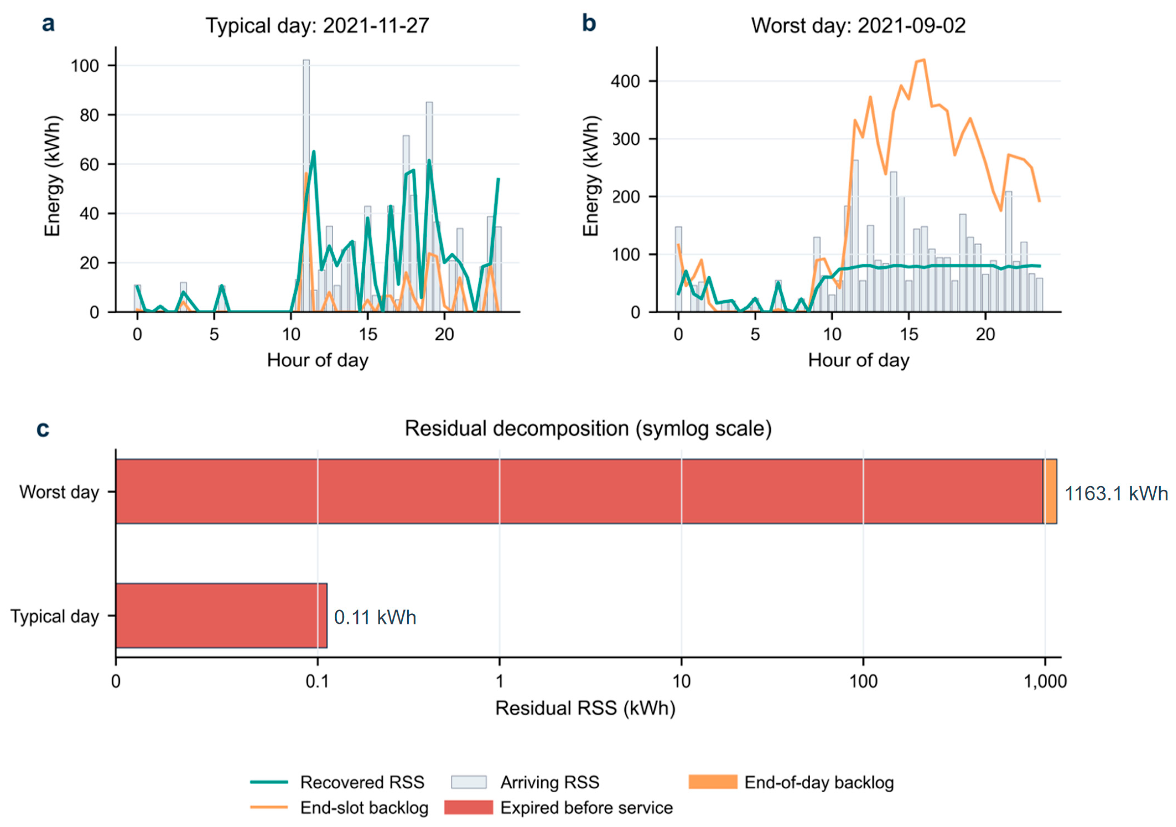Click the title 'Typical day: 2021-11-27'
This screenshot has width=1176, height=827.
[x=317, y=26]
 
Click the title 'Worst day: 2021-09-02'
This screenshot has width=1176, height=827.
[x=859, y=26]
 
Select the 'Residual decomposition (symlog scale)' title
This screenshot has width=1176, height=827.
[x=588, y=428]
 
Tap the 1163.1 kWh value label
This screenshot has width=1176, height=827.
[x=1116, y=494]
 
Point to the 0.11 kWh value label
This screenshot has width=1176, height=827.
[x=375, y=617]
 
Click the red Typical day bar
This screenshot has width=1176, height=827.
[x=221, y=616]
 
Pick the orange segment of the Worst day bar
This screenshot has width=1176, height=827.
[x=1050, y=491]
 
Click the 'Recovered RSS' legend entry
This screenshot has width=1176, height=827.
[x=337, y=782]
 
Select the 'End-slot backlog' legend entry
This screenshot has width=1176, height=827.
[x=339, y=808]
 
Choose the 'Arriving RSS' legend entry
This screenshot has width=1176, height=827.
[x=525, y=782]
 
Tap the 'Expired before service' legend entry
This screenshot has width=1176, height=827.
[x=558, y=808]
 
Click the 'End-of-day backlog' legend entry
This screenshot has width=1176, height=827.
[x=791, y=782]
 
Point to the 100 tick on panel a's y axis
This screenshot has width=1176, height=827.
[x=85, y=66]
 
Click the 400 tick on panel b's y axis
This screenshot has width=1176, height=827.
[x=625, y=81]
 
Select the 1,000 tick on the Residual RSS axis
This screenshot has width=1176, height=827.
[x=1045, y=682]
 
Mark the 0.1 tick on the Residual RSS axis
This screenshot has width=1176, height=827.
[x=317, y=682]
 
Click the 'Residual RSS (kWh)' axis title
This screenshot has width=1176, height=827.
[x=585, y=708]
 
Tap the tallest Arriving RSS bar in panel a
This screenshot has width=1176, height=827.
[x=306, y=185]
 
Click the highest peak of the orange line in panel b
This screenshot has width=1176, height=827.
[x=924, y=60]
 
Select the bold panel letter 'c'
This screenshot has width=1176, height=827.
[x=43, y=429]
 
